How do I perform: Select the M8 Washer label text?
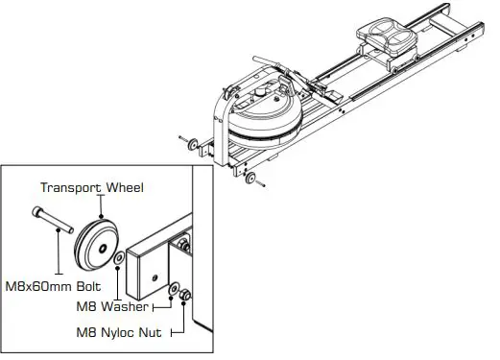point(112,306)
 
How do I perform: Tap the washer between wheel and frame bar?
point(117,258)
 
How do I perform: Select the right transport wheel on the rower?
point(252,180)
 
